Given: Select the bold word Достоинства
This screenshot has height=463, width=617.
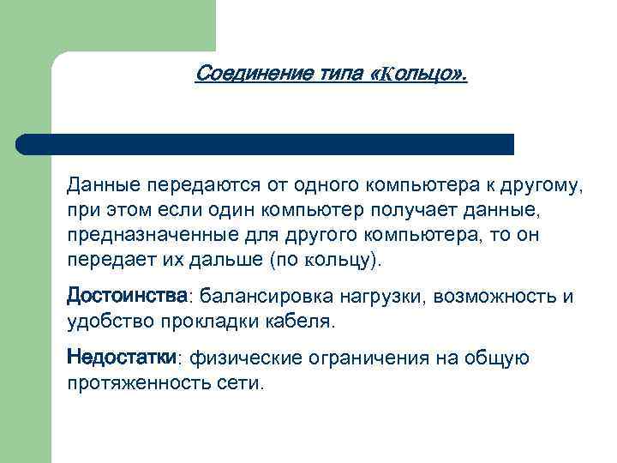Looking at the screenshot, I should (127, 296).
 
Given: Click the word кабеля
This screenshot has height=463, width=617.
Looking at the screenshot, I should (301, 322).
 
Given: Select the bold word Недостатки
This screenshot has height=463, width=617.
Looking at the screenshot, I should (122, 357).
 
